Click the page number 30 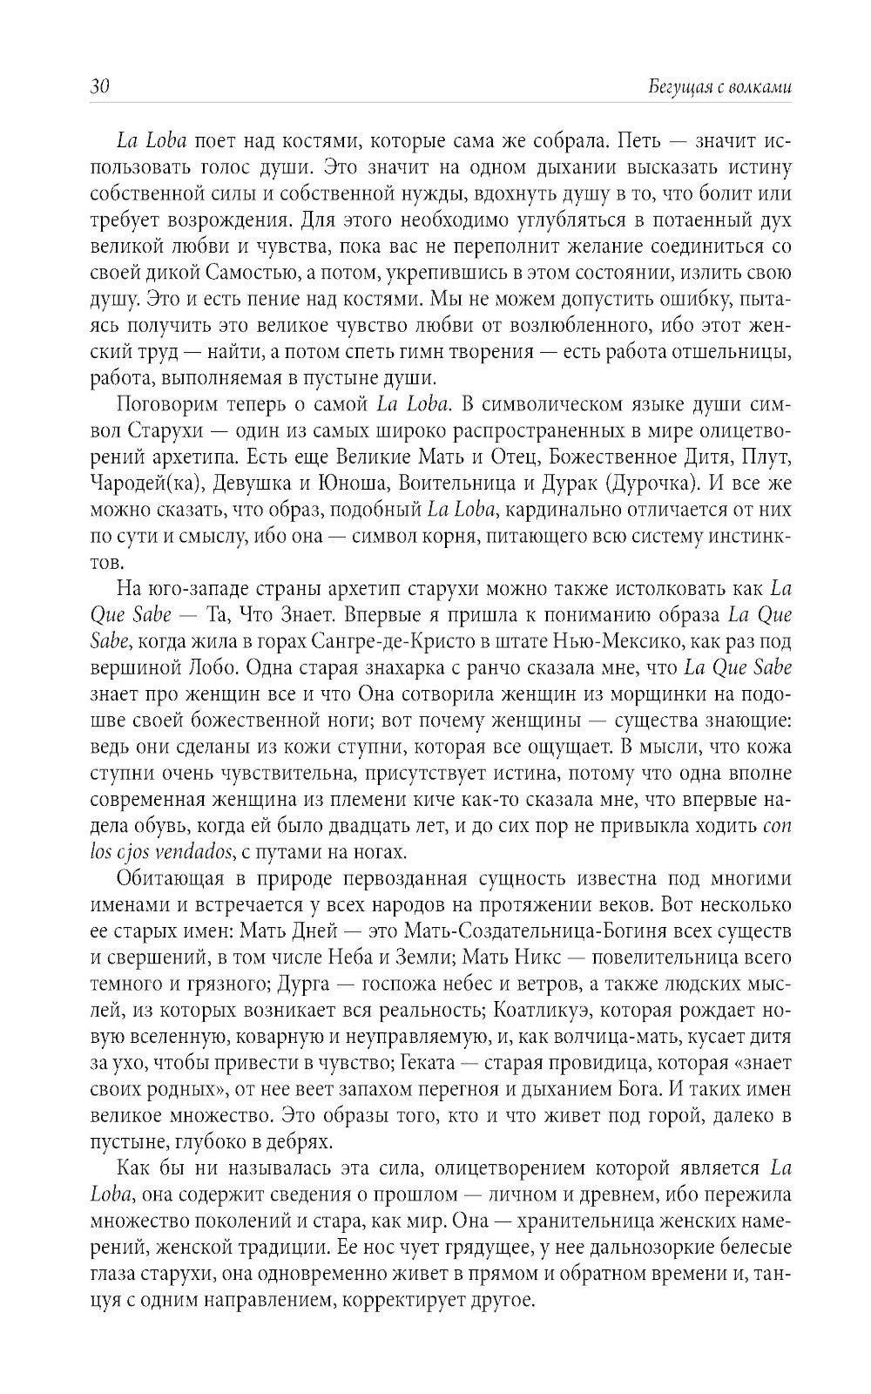pos(98,87)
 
